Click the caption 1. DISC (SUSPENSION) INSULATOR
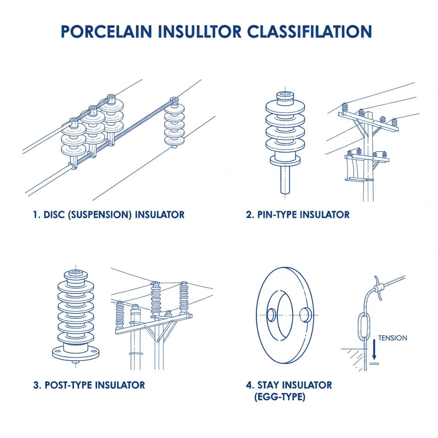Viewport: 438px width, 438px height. (109, 214)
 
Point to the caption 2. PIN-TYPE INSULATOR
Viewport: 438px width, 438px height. (298, 214)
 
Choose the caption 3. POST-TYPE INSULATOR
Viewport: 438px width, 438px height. (89, 385)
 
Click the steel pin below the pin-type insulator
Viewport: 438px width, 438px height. (285, 180)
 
